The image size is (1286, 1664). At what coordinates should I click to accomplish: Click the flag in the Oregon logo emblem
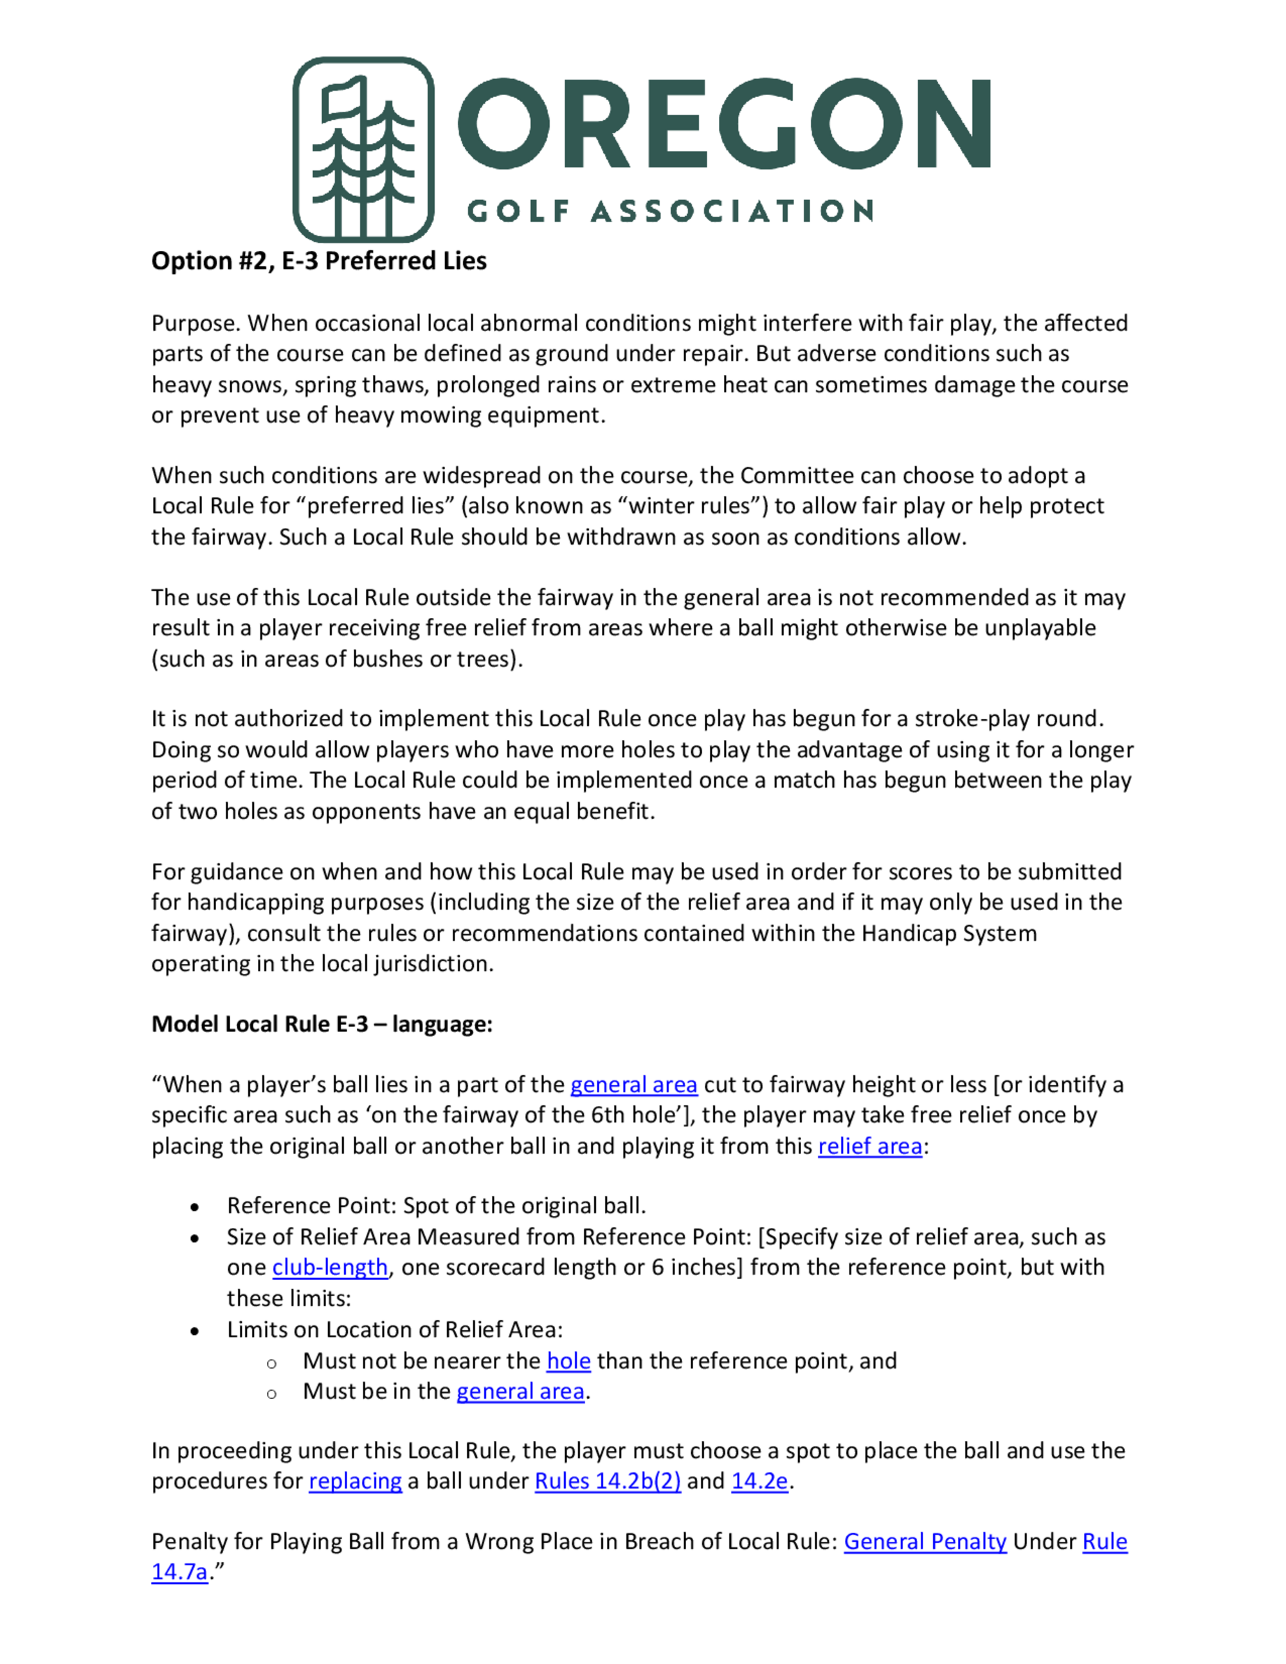click(x=345, y=99)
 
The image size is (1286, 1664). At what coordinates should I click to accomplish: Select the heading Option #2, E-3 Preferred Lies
click(x=318, y=260)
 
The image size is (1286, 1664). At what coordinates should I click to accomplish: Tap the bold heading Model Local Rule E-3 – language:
click(x=321, y=1023)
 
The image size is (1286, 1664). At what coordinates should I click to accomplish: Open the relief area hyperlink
click(x=869, y=1146)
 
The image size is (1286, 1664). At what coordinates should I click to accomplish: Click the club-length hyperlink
click(x=330, y=1267)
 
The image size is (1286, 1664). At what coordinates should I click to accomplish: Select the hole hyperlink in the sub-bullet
click(x=568, y=1361)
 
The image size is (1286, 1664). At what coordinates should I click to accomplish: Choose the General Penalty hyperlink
click(x=925, y=1541)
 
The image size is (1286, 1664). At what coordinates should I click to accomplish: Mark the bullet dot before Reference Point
click(x=196, y=1207)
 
